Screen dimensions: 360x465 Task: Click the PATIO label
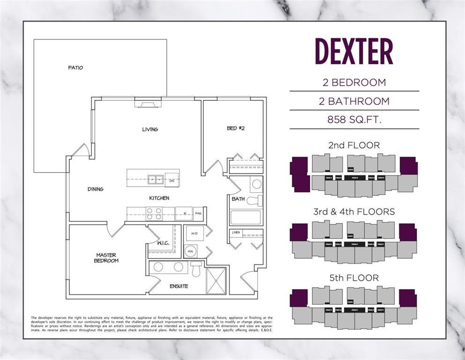click(75, 68)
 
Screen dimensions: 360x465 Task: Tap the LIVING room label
click(150, 129)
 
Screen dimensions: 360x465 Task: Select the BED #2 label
click(234, 128)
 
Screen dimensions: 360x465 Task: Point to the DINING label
click(96, 189)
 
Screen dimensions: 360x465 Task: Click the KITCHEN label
click(159, 198)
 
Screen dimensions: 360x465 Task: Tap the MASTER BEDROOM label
click(106, 258)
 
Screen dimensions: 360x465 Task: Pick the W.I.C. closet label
click(162, 243)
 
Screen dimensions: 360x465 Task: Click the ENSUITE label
click(179, 286)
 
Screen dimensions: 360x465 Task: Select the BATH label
click(238, 199)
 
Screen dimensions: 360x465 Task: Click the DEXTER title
click(354, 52)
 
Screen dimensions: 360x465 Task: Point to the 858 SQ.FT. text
click(354, 120)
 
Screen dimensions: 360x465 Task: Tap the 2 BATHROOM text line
click(354, 101)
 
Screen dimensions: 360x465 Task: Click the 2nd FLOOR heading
click(354, 145)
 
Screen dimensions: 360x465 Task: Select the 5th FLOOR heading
click(354, 278)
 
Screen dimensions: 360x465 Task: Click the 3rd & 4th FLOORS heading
click(354, 212)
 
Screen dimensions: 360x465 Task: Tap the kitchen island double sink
click(155, 179)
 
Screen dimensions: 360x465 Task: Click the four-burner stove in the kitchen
click(154, 214)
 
